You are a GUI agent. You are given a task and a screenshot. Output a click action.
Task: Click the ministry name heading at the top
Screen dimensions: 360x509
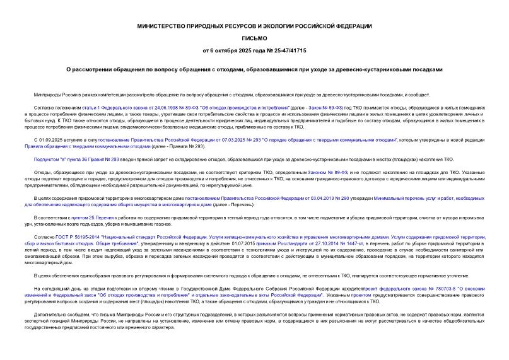click(254, 26)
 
